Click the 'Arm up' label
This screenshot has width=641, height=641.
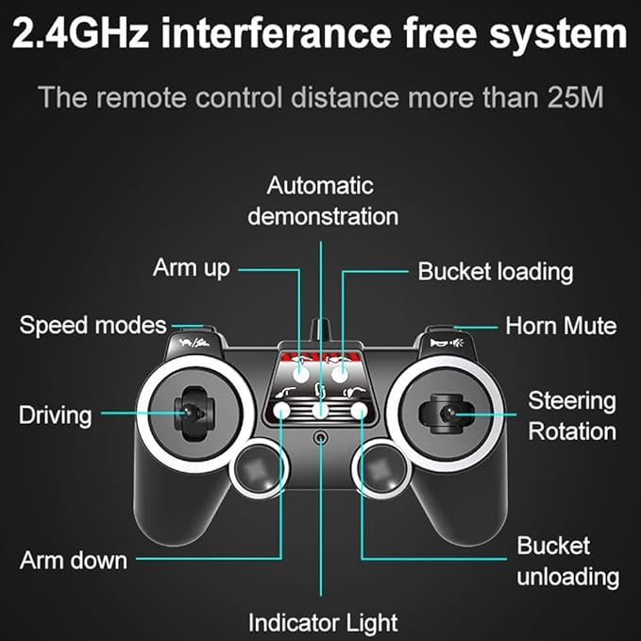point(192,269)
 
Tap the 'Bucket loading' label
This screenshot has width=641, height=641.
point(495,272)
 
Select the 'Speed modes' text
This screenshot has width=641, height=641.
point(93,326)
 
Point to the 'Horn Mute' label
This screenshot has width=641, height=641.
point(561,326)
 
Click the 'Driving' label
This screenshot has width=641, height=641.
point(55,415)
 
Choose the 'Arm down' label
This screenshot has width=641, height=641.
point(74,560)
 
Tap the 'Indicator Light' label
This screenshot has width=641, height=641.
point(323,623)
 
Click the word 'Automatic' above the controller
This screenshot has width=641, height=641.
point(320,186)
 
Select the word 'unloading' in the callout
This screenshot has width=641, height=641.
point(567,577)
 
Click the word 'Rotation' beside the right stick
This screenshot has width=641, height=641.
point(572,431)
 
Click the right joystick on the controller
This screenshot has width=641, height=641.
point(446,413)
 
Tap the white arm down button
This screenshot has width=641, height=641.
point(281,410)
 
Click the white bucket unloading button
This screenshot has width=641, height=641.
point(359,410)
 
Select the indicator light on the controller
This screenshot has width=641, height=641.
point(321,438)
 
